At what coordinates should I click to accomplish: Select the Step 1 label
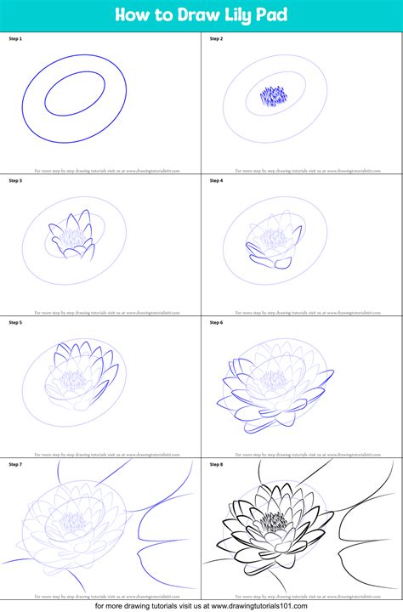pyautogui.click(x=14, y=39)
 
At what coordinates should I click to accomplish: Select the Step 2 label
pyautogui.click(x=216, y=39)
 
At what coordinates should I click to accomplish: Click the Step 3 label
pyautogui.click(x=14, y=180)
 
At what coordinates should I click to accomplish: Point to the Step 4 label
pyautogui.click(x=216, y=180)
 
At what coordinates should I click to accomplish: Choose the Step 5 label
pyautogui.click(x=14, y=322)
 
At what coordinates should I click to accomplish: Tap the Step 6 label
pyautogui.click(x=216, y=322)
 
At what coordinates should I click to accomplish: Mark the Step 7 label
pyautogui.click(x=14, y=464)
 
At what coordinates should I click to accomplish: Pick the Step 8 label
pyautogui.click(x=216, y=464)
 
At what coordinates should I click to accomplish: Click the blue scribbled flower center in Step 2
pyautogui.click(x=273, y=95)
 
